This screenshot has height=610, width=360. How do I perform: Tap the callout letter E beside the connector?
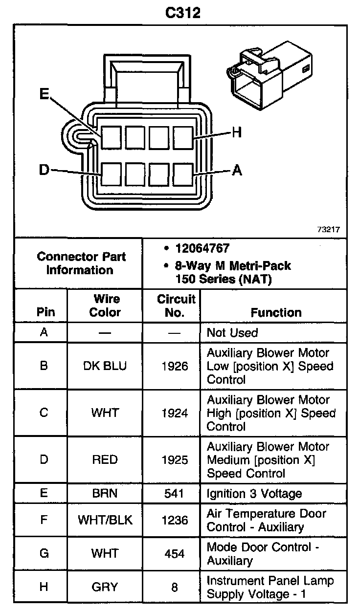point(45,94)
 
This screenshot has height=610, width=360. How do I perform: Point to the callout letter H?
point(237,132)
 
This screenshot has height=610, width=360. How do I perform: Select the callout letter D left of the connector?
point(44,170)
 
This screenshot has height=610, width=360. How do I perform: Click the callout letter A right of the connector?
point(237,170)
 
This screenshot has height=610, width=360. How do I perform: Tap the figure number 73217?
point(329,229)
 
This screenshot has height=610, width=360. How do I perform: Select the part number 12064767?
point(202,249)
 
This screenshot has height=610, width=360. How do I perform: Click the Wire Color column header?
point(105,305)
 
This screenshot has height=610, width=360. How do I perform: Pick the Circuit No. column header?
point(175,305)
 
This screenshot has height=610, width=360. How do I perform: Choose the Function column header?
point(276,312)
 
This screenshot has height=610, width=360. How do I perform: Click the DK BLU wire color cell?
point(105,366)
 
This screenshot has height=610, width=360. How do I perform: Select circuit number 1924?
point(175,413)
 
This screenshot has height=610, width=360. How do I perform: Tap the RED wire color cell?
point(105,460)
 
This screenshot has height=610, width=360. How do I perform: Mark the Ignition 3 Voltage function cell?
point(254,494)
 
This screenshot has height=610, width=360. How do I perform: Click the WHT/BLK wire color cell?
point(105,520)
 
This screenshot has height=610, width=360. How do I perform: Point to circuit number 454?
point(175,554)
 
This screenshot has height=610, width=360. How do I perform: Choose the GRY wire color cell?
point(105,587)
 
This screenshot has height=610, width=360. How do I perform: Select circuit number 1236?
point(175,520)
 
